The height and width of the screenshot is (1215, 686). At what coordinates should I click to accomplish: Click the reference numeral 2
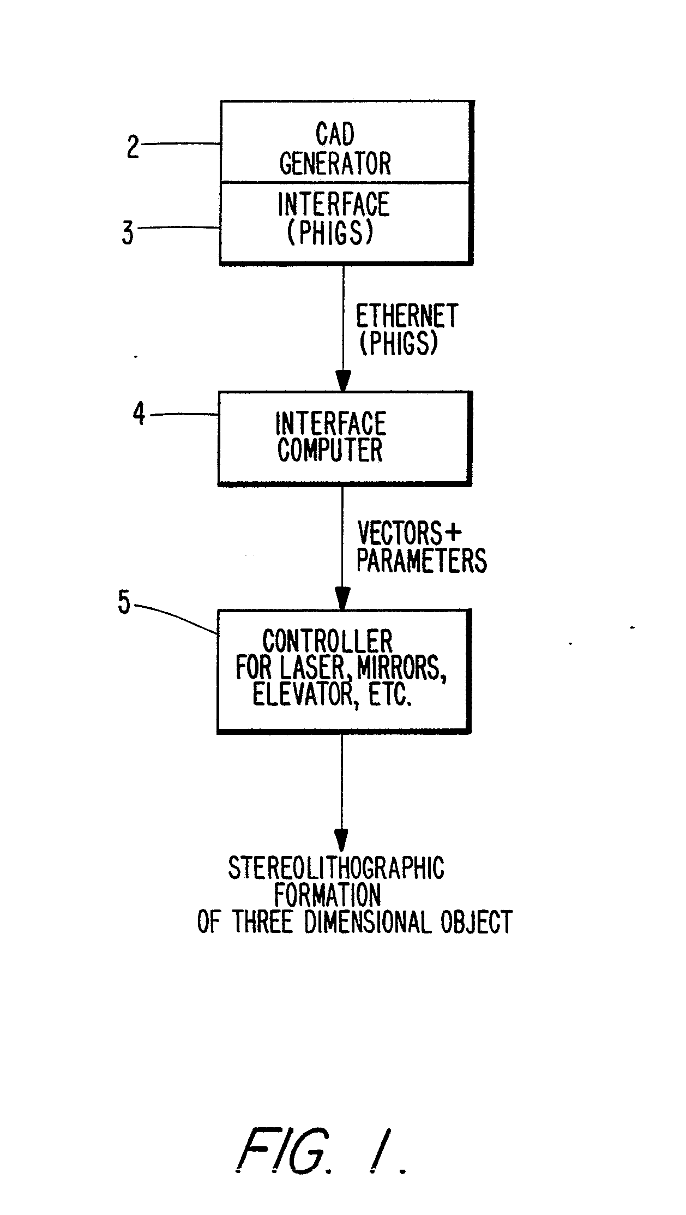(133, 146)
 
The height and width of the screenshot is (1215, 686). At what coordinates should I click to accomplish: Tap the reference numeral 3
(128, 233)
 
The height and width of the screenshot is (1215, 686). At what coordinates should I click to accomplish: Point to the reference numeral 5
(124, 603)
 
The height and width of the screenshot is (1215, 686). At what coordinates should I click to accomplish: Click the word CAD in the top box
(335, 134)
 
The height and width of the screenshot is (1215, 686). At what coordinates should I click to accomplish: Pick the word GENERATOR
(335, 163)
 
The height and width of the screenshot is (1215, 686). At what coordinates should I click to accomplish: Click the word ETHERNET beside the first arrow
(407, 316)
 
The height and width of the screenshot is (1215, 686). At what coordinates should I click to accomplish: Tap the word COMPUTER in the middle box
(330, 450)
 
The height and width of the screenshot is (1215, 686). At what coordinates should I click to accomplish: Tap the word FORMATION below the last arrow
(327, 895)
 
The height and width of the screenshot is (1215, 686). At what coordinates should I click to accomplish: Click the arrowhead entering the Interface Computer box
(343, 381)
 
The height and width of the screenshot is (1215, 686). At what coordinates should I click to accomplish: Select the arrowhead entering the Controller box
(342, 597)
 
